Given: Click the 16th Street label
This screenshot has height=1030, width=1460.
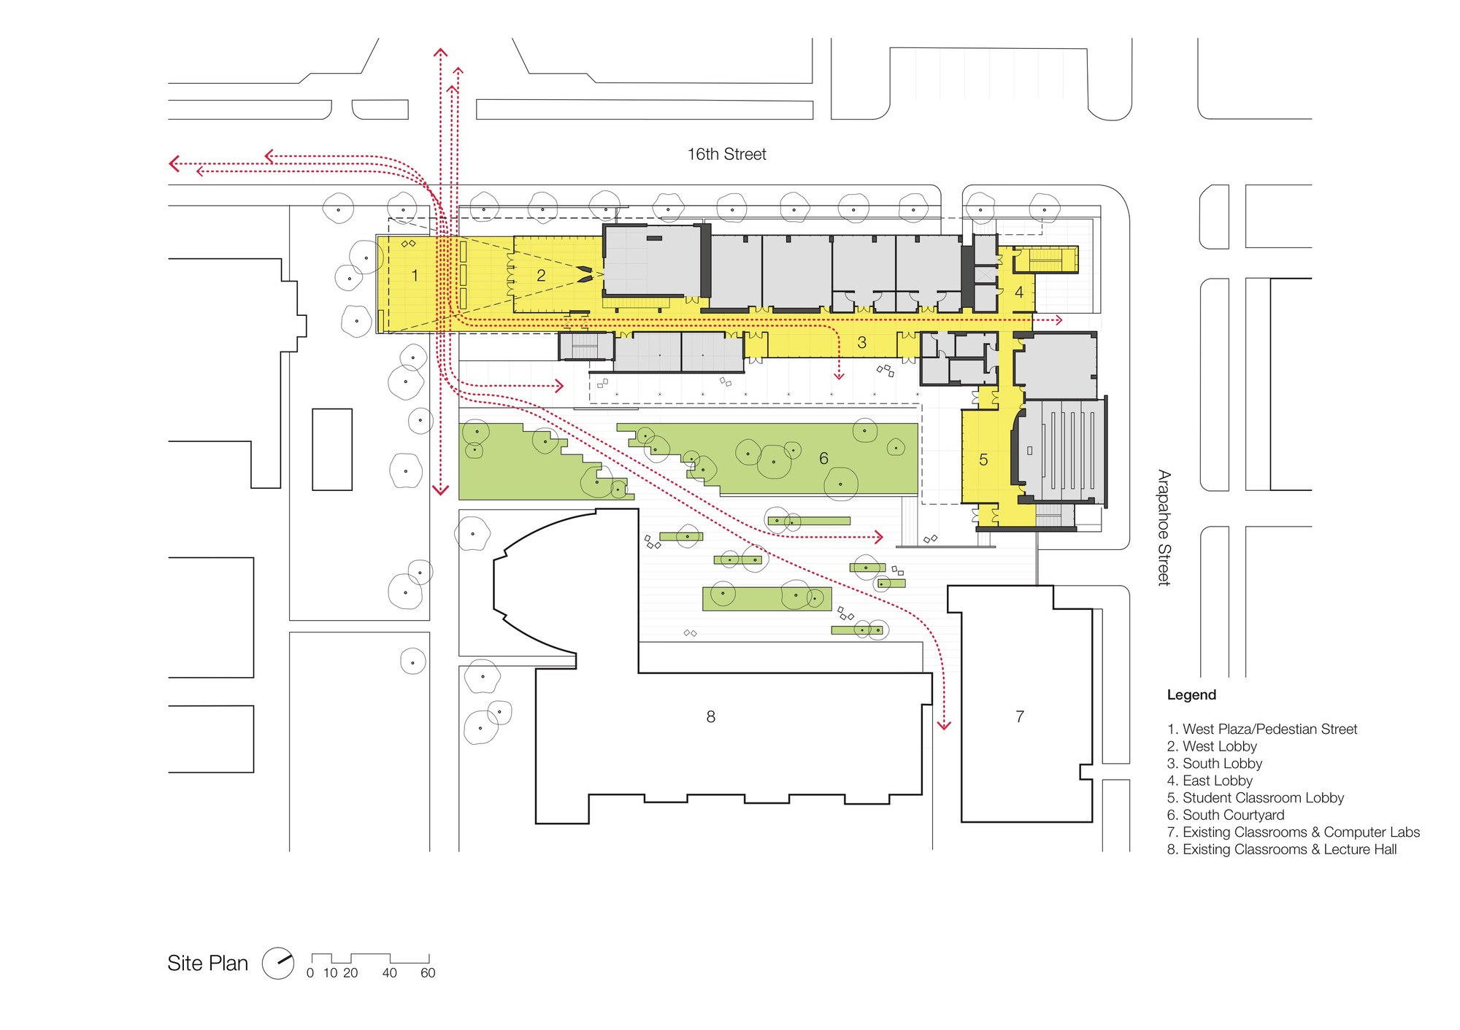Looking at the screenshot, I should click(x=726, y=154).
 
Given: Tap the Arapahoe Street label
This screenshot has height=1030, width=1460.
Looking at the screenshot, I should click(x=1164, y=527).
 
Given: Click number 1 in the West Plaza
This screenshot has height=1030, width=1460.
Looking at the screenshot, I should click(x=415, y=276).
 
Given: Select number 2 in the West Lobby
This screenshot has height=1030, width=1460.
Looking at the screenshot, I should click(x=541, y=276).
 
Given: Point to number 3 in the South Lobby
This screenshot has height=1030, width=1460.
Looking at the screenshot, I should click(x=862, y=342).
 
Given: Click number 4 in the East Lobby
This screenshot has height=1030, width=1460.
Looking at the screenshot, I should click(x=1019, y=293).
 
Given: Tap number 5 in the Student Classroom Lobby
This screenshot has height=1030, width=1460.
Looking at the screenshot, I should click(x=983, y=460).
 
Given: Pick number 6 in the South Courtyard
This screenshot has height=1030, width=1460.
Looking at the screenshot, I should click(x=823, y=458).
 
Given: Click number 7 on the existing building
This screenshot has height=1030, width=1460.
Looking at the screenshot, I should click(x=1020, y=717).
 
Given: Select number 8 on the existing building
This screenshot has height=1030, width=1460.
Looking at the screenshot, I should click(x=710, y=717).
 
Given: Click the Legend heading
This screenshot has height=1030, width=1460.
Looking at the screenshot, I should click(x=1191, y=695).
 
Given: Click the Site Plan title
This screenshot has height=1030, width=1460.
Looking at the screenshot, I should click(x=208, y=963).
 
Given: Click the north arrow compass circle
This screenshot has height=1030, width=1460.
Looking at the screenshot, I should click(x=278, y=963).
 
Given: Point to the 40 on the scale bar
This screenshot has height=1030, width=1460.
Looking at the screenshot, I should click(x=390, y=973).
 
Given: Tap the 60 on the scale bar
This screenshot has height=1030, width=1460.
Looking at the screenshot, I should click(x=428, y=973).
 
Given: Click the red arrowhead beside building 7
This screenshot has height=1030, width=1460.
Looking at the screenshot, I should click(x=944, y=725).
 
